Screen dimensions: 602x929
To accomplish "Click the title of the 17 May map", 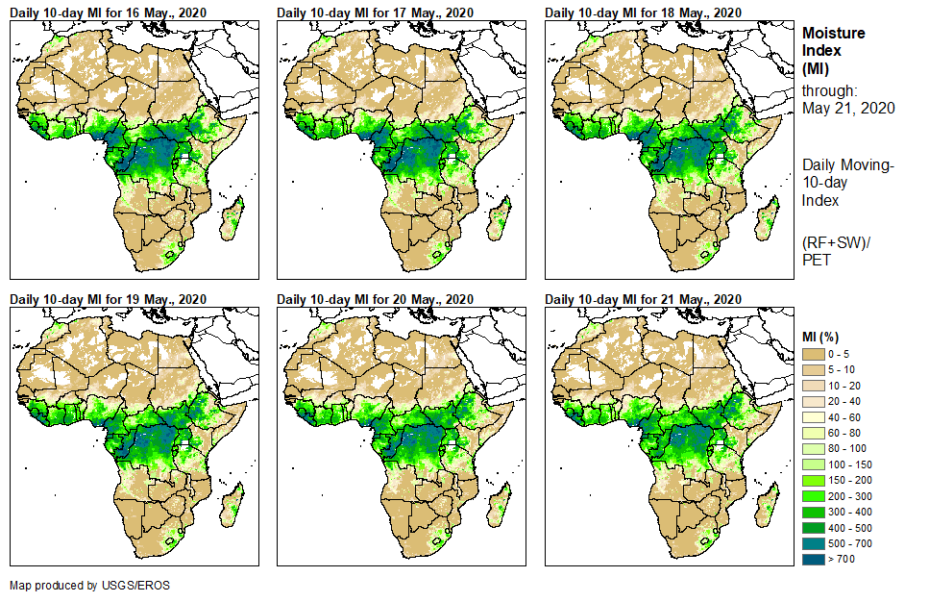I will coord(375,13).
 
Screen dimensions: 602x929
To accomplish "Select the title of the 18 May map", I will coord(643,13).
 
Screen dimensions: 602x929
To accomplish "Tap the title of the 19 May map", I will coord(108,299).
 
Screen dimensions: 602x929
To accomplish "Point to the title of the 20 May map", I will coord(375,299).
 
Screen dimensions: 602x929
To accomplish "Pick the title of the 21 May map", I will coord(643,299).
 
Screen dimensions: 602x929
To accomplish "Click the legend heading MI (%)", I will coord(824,336).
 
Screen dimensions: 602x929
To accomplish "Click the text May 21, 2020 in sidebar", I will coord(848,108).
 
